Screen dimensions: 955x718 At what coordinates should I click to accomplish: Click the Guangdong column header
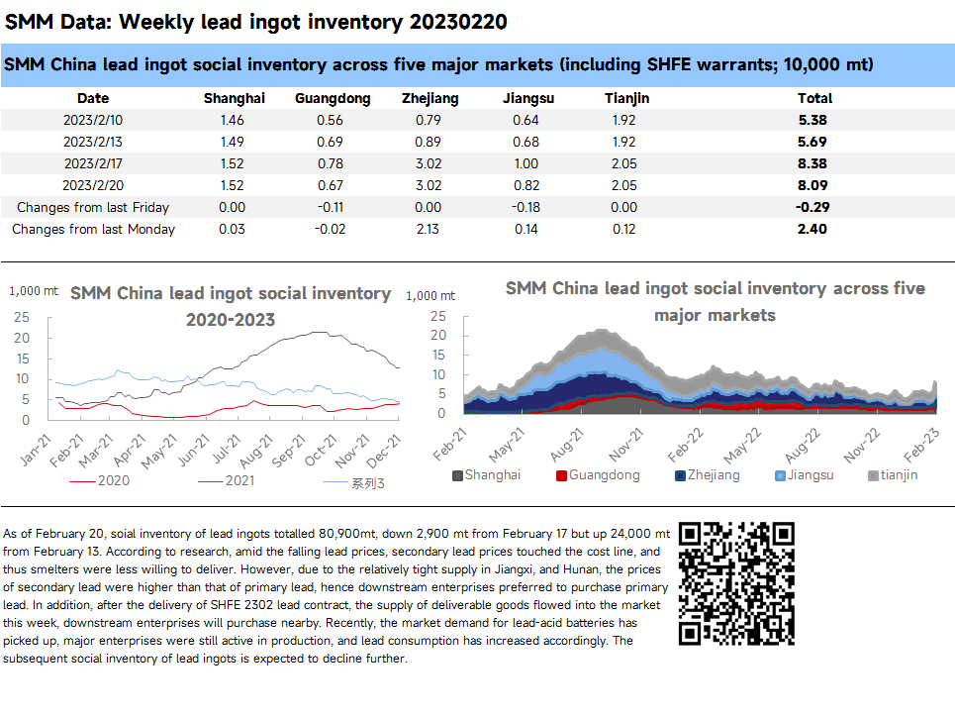pos(333,99)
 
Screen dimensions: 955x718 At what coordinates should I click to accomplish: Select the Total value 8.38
pos(812,164)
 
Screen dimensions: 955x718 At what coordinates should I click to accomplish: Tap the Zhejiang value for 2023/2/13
pos(429,142)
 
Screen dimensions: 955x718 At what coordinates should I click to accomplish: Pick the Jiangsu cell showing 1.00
pos(526,164)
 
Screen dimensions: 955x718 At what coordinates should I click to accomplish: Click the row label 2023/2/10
pos(93,120)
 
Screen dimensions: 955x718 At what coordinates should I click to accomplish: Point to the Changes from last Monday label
pos(93,229)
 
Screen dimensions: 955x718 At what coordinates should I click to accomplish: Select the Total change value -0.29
pos(812,207)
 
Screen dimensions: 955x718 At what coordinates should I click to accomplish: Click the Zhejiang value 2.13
pos(429,229)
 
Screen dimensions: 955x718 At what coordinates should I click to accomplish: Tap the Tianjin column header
pos(626,99)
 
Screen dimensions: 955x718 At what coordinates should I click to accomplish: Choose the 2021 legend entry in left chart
pos(226,481)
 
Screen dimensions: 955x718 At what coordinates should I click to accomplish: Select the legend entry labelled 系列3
pos(353,483)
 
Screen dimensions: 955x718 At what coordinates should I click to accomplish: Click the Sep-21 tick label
pos(288,451)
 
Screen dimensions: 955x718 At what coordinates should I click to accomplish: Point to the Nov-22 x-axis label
pos(862,445)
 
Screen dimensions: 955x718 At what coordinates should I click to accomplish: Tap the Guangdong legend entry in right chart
pos(598,475)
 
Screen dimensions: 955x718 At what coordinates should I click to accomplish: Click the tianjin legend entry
pos(893,475)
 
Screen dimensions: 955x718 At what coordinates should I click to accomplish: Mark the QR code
pos(736,583)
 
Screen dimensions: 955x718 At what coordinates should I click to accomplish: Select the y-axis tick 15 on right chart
pos(438,355)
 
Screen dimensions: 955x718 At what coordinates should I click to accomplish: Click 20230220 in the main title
pos(458,22)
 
